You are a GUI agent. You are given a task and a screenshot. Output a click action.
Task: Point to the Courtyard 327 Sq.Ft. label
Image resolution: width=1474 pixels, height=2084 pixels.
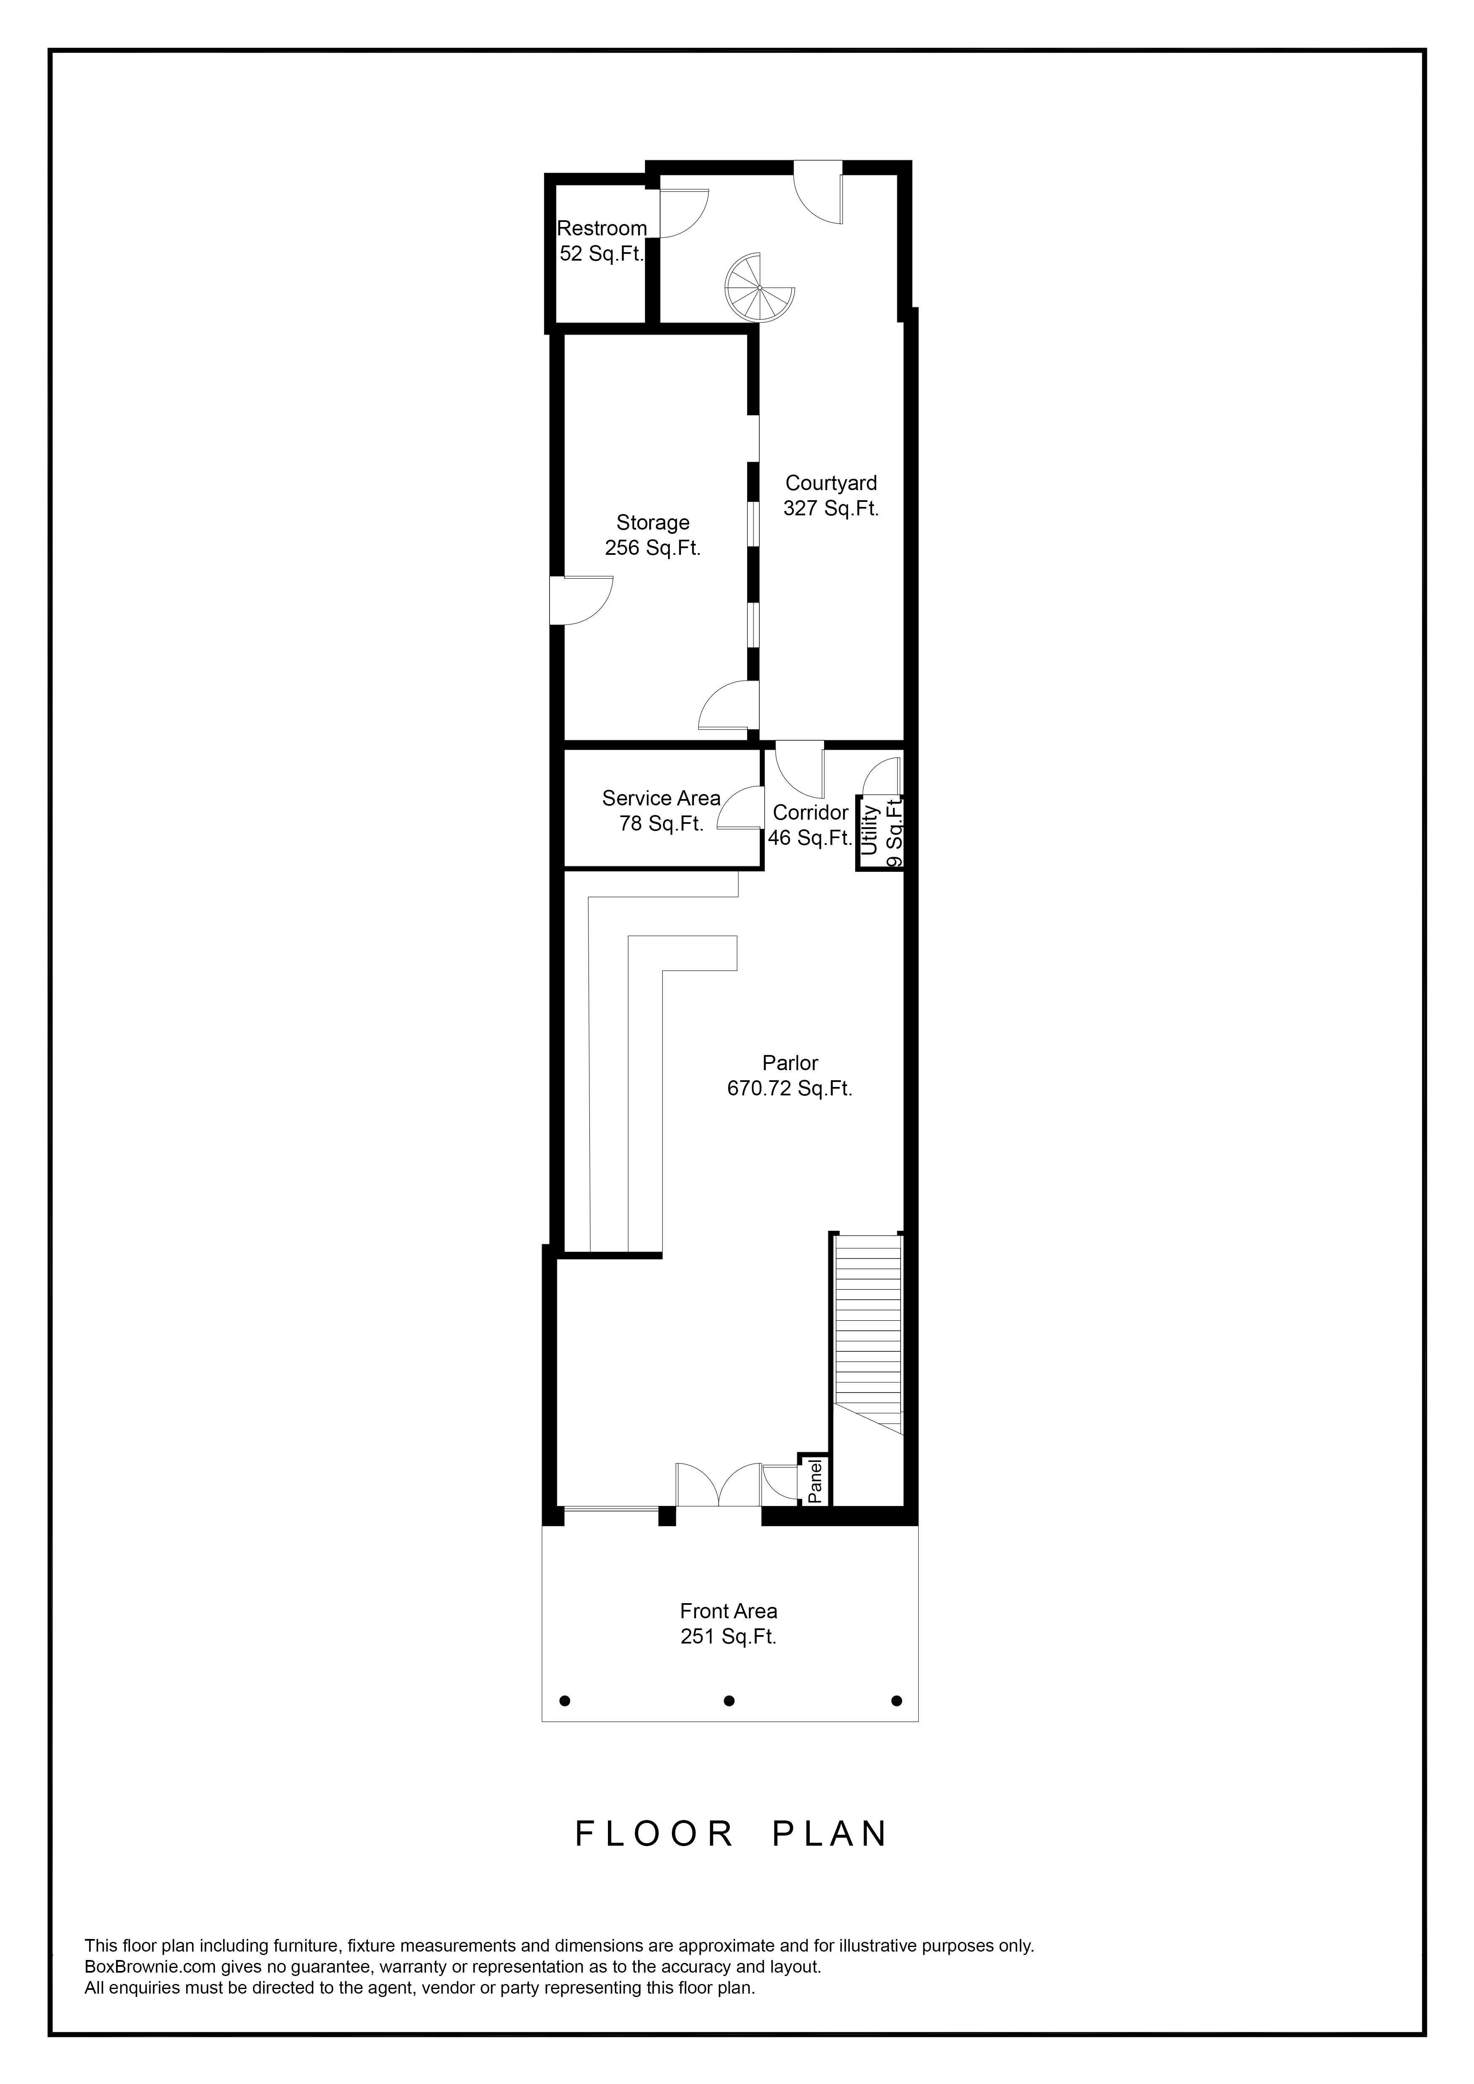coord(832,496)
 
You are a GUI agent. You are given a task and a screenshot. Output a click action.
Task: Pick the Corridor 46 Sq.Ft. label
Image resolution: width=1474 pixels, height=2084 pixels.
coord(810,825)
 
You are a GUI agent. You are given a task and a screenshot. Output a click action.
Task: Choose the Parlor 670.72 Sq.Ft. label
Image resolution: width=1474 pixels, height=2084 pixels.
coord(790,1076)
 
